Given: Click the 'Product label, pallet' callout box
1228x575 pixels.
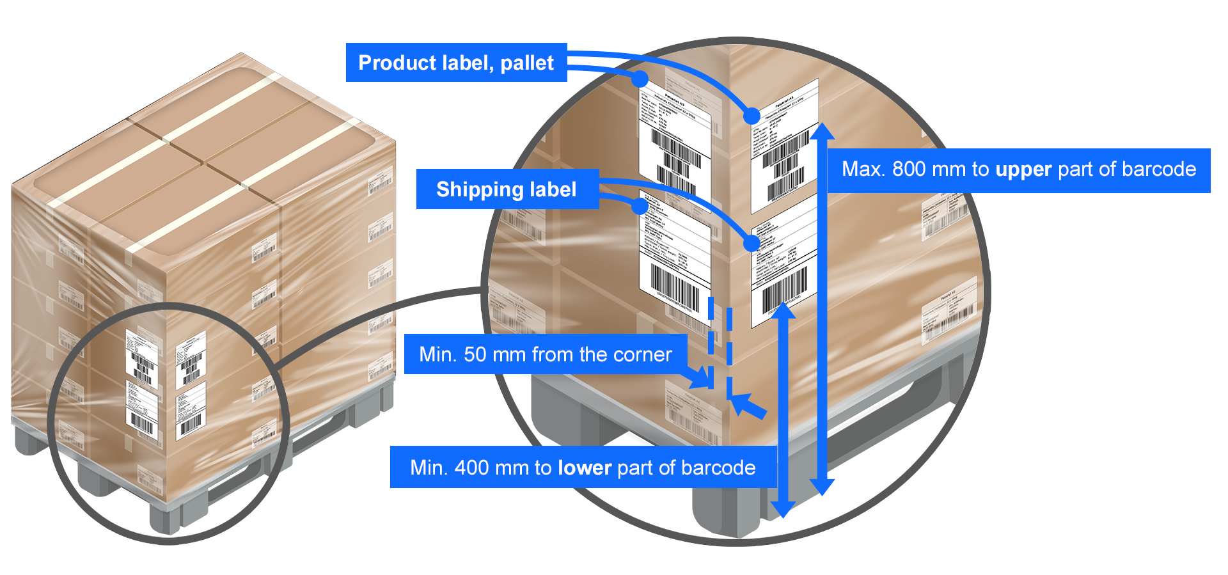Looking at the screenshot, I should pos(456,63).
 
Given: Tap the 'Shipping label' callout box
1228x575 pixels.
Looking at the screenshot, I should pos(507,189).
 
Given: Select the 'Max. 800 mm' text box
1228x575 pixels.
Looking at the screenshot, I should pos(1018,169).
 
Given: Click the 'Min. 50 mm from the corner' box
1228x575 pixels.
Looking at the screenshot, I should pos(545,354).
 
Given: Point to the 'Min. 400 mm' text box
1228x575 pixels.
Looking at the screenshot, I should pos(583,468).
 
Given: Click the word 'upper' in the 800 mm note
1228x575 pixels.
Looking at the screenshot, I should pos(1023,169).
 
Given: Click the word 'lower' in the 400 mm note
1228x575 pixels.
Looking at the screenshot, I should pos(585,468).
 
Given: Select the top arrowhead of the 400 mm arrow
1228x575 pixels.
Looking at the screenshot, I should pos(782,310).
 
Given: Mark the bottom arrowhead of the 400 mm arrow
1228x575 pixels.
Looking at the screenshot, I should pos(782,509).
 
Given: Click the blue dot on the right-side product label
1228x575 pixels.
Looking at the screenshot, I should pos(752,116).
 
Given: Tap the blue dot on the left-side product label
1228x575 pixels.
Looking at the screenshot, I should pos(640,79).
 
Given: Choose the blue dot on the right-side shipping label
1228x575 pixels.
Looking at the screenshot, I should pos(752,242).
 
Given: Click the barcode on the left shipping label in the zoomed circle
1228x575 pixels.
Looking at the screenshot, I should pos(674,286).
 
